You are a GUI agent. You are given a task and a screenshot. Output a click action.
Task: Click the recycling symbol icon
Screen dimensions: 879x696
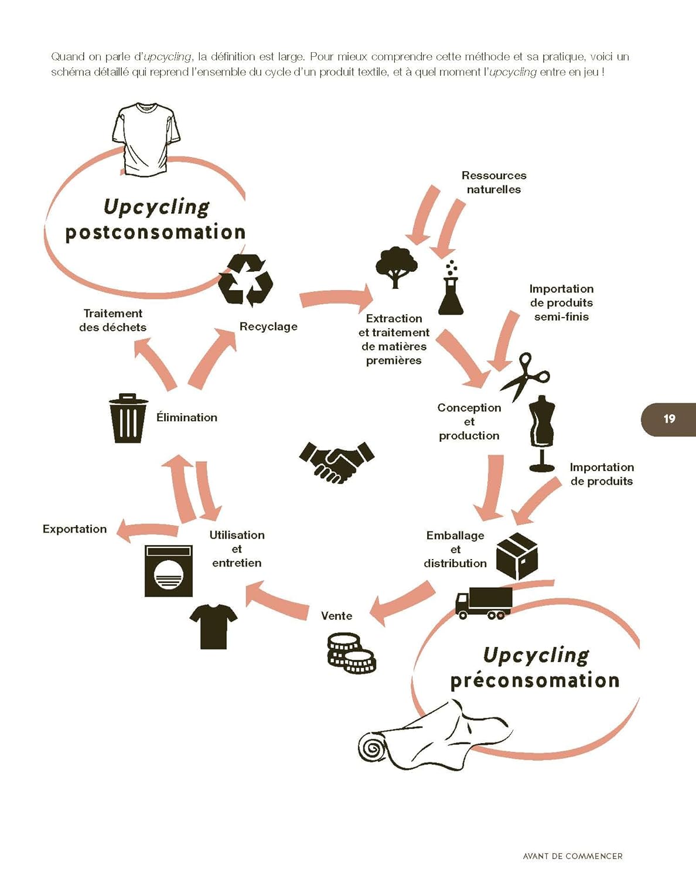245,280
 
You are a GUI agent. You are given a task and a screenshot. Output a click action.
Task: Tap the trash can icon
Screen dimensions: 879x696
128,418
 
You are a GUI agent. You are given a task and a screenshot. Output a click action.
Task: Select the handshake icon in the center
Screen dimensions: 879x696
336,462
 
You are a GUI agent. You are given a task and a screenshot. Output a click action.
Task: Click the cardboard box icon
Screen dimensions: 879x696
517,556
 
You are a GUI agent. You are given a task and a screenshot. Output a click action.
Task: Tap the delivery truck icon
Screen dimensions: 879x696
484,603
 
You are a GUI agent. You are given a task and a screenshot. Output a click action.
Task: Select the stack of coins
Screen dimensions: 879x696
351,653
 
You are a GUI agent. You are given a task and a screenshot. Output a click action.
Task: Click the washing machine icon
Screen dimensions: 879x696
169,571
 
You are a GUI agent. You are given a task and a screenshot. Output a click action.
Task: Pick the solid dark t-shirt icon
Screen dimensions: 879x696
213,626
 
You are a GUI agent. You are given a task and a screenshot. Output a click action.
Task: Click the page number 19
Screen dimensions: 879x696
669,419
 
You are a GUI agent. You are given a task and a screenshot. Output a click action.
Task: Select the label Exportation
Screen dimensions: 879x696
74,529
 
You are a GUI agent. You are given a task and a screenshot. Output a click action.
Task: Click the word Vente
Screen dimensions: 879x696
336,616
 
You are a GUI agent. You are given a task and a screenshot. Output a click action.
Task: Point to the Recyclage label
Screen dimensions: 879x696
268,326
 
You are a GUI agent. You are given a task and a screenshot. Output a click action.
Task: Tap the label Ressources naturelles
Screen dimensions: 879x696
494,182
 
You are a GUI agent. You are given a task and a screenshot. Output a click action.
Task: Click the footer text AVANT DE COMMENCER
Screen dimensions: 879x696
572,856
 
